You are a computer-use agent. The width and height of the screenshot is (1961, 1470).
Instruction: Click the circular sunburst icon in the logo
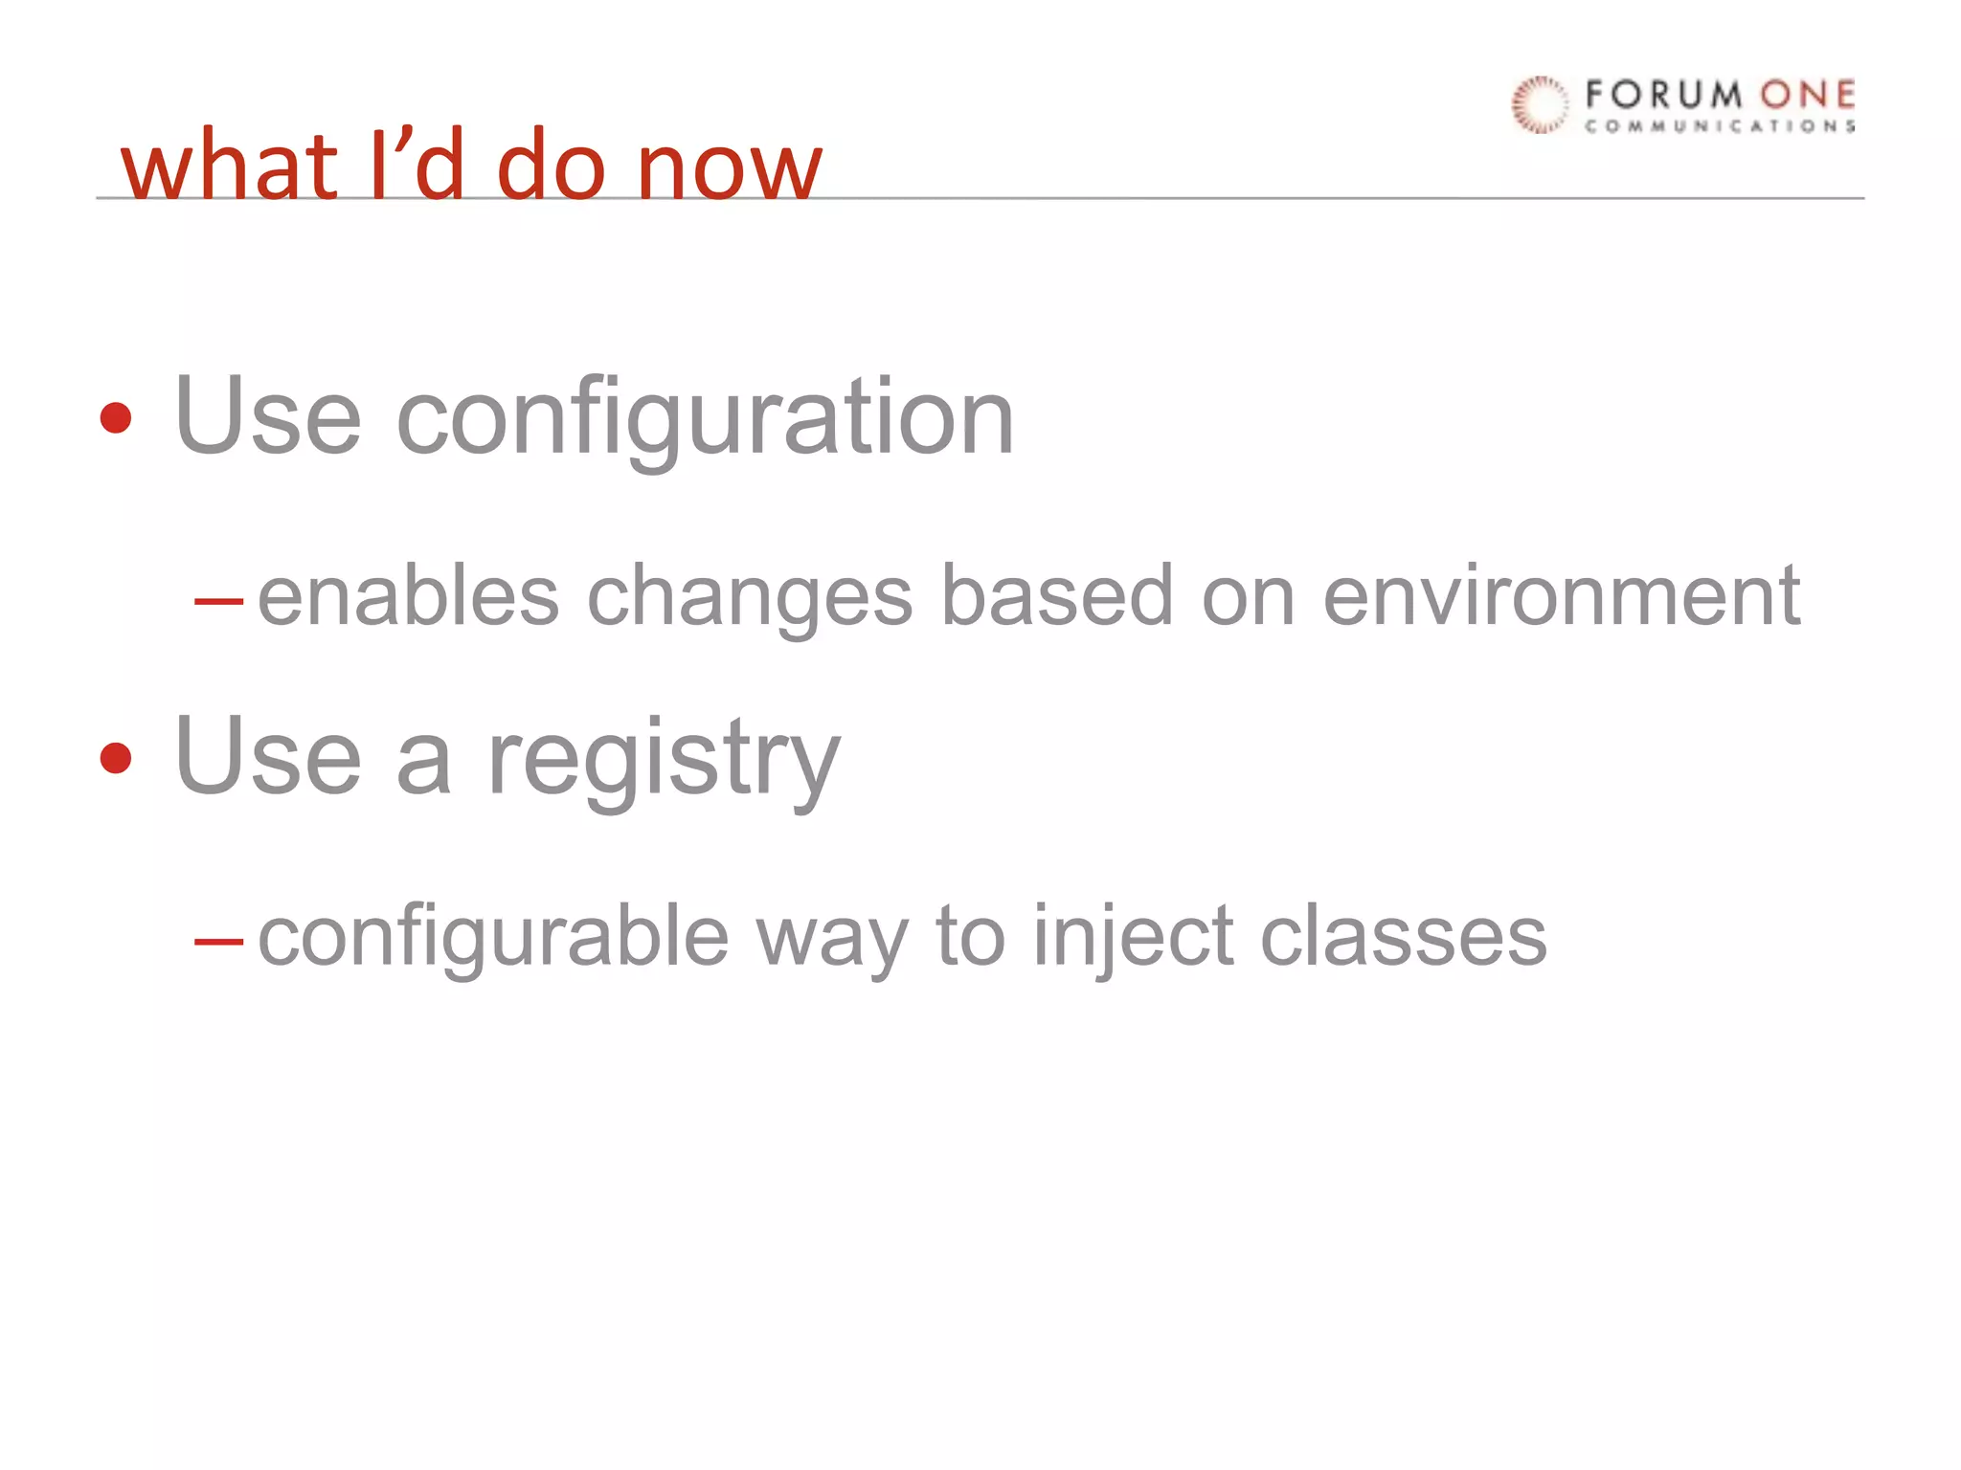pyautogui.click(x=1540, y=104)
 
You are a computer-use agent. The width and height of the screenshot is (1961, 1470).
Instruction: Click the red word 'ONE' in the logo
pyautogui.click(x=1808, y=95)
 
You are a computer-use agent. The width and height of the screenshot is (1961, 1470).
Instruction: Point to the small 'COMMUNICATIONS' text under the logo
pyautogui.click(x=1720, y=126)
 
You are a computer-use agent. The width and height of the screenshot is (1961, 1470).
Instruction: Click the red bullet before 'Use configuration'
pyautogui.click(x=116, y=418)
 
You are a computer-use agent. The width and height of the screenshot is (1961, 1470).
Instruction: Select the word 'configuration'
pyautogui.click(x=705, y=418)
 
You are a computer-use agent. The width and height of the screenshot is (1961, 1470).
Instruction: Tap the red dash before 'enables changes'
pyautogui.click(x=218, y=602)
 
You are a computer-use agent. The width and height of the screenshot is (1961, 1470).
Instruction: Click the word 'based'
pyautogui.click(x=1057, y=595)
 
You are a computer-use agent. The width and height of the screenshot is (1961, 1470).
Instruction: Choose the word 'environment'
pyautogui.click(x=1562, y=595)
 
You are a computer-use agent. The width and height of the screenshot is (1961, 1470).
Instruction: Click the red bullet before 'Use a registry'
pyautogui.click(x=116, y=758)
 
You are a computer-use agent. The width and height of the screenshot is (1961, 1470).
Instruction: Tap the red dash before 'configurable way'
pyautogui.click(x=218, y=942)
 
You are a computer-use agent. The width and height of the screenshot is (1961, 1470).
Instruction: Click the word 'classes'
pyautogui.click(x=1403, y=936)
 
